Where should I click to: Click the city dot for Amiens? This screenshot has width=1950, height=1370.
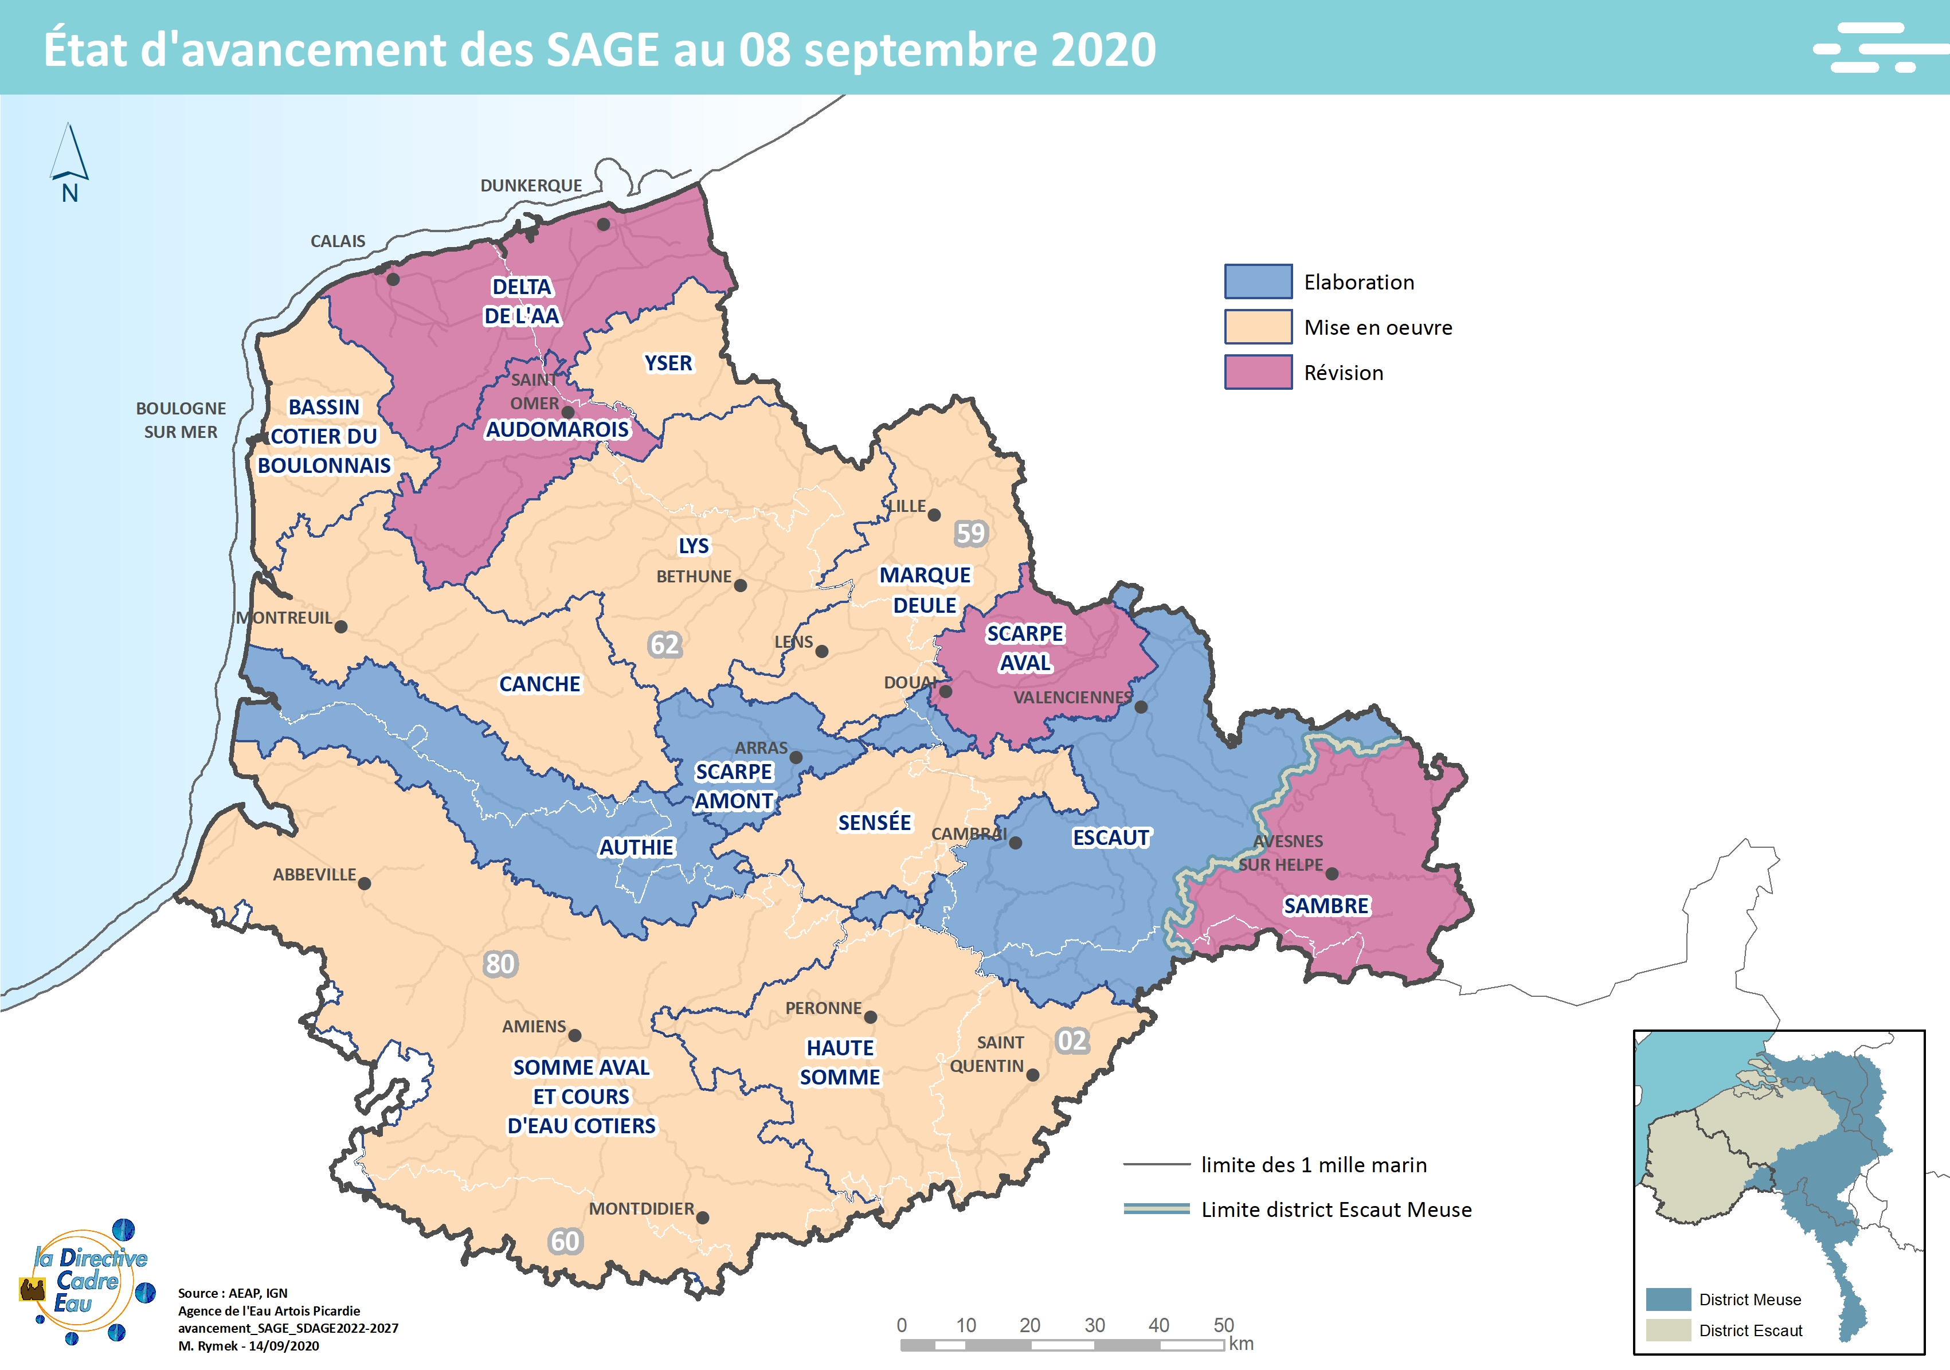(x=575, y=1035)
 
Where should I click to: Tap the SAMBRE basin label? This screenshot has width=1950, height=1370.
(x=1326, y=906)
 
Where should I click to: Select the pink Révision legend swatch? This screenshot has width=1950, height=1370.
(x=1258, y=372)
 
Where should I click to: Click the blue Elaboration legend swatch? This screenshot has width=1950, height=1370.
(x=1258, y=281)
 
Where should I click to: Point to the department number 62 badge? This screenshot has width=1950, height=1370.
(x=664, y=645)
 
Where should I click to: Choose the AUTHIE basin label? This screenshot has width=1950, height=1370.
(x=636, y=848)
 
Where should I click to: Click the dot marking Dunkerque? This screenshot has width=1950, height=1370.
(x=603, y=224)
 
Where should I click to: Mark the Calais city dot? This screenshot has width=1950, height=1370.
(x=393, y=279)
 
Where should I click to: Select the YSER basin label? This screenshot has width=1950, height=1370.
(x=668, y=363)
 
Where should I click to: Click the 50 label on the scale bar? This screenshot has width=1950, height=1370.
(x=1223, y=1325)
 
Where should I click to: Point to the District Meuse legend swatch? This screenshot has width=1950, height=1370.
(x=1668, y=1299)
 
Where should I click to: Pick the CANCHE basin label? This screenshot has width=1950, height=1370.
(x=539, y=684)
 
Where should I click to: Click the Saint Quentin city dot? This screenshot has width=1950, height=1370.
(x=1033, y=1075)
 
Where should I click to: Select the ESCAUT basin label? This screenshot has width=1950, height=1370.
(x=1110, y=838)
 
